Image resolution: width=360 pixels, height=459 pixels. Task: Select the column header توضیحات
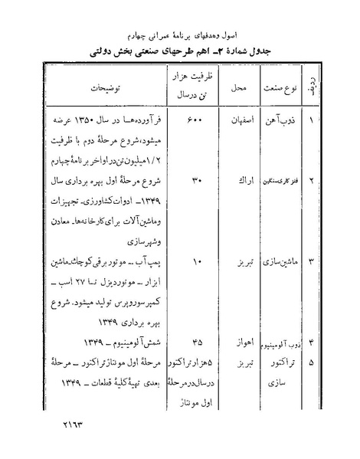click(99, 88)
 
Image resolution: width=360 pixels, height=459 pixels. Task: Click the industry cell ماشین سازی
click(279, 261)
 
